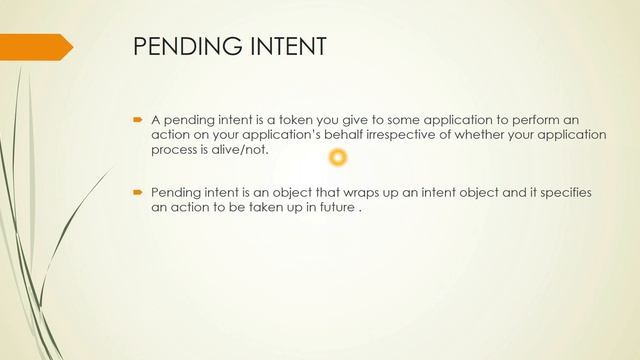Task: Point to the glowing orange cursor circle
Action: coord(338,157)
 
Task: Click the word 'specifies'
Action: coord(568,191)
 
